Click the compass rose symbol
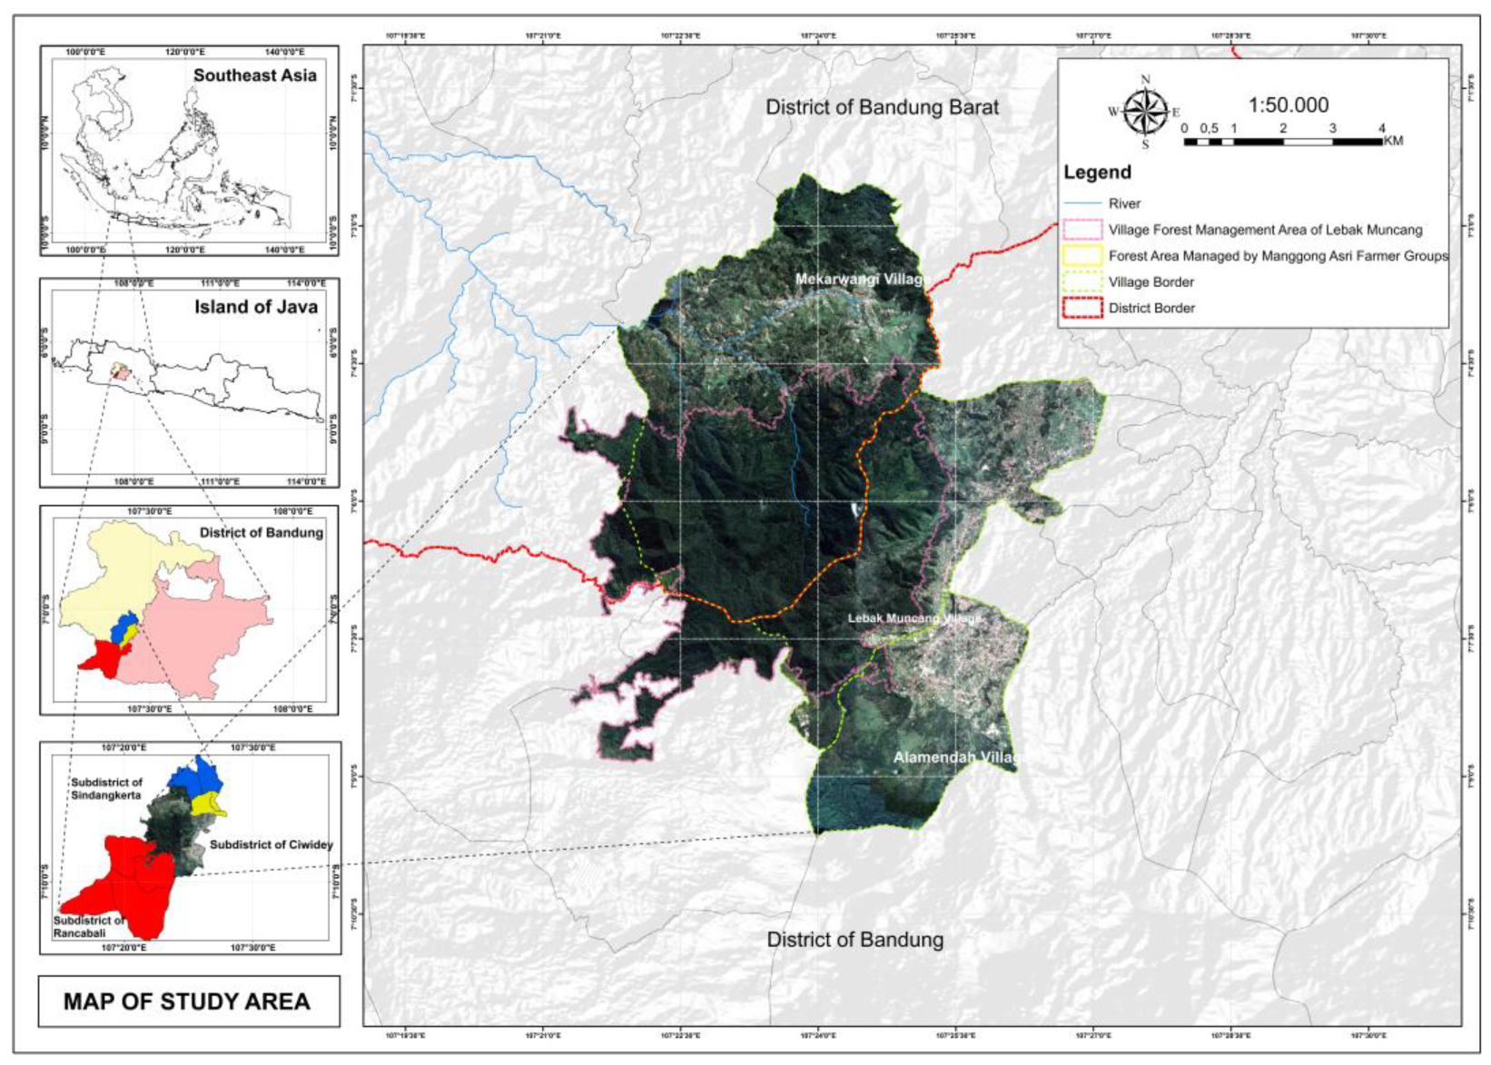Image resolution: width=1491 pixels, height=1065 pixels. [1144, 113]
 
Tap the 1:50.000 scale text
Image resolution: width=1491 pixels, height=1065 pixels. [1288, 105]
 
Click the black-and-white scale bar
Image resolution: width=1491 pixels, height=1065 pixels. [1283, 142]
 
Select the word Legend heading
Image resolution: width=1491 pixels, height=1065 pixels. [1097, 173]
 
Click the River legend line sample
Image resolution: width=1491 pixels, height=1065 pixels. [1081, 203]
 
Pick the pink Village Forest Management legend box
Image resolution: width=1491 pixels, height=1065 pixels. [1081, 230]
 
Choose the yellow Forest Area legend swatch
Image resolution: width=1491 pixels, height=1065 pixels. [1081, 256]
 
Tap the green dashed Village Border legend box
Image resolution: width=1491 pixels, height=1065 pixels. [1081, 282]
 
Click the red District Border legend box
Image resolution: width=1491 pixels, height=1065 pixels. [1081, 308]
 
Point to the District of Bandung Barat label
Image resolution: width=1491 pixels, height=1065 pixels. [882, 107]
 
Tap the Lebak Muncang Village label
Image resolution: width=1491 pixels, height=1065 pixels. [914, 618]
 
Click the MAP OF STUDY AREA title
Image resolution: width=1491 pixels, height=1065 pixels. [187, 1001]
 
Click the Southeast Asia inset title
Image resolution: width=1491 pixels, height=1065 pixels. [254, 75]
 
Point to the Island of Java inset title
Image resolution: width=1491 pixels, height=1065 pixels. [256, 307]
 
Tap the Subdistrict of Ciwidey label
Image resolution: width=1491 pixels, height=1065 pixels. [271, 844]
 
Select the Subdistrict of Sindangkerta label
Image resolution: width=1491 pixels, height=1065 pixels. [106, 788]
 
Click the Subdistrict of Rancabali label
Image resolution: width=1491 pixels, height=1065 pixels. [88, 926]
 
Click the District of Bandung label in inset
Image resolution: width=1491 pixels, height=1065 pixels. [261, 533]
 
